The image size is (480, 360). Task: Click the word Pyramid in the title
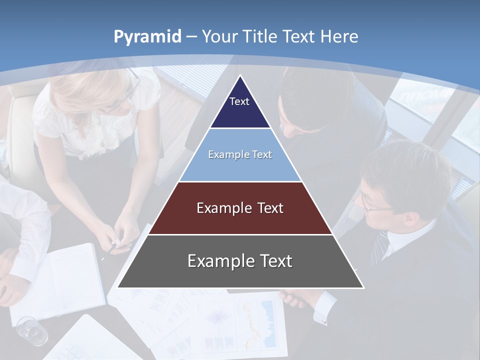[147, 37]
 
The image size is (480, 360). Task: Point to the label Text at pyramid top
[239, 101]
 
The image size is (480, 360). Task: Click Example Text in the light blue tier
[240, 154]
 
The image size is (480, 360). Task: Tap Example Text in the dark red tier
[240, 208]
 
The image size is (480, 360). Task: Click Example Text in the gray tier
[240, 261]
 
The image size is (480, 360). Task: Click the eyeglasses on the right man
[372, 205]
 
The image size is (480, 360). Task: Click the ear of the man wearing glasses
[411, 218]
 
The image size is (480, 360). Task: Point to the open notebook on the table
[60, 282]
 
